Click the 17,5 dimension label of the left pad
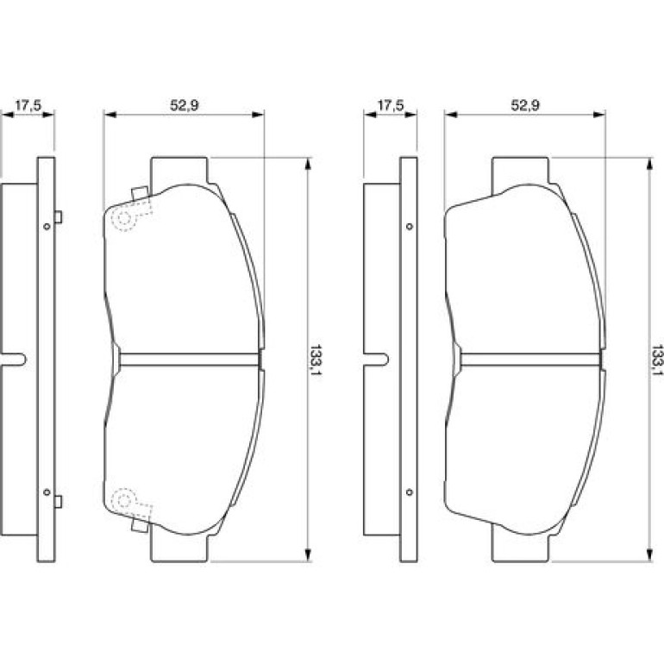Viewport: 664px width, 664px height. [28, 105]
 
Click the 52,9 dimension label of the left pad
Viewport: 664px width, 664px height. [185, 105]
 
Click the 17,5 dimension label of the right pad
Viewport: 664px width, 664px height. [391, 105]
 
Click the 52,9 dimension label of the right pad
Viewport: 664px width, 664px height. [525, 105]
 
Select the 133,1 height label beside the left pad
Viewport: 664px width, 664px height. [316, 361]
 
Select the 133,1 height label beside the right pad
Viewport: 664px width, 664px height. [657, 361]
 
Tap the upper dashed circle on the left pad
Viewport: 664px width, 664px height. [123, 218]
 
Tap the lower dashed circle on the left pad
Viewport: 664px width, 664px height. [123, 500]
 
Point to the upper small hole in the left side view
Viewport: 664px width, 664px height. [47, 227]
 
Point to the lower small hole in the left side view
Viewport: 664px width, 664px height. [47, 492]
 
